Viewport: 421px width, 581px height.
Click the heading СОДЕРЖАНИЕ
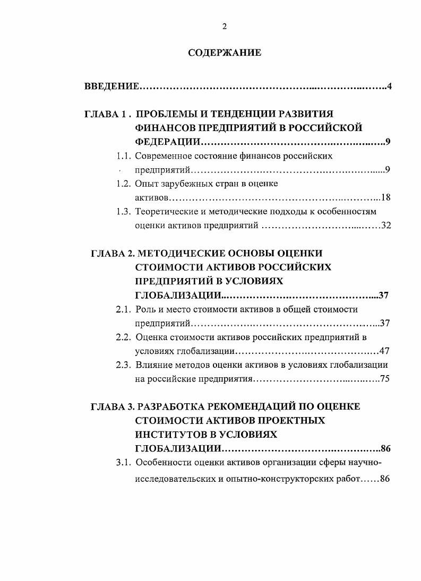[x=225, y=53]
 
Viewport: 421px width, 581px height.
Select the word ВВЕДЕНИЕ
[x=111, y=86]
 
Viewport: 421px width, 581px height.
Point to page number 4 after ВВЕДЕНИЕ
[x=389, y=86]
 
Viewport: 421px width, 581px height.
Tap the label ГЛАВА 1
[x=105, y=115]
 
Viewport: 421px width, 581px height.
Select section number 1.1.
[x=123, y=157]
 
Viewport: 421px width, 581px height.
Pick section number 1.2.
[x=123, y=184]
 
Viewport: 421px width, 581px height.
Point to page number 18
[x=386, y=198]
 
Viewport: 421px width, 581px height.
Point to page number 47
[x=385, y=351]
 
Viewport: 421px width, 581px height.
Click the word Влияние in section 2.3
[x=154, y=365]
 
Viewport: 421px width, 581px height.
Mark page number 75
[x=385, y=379]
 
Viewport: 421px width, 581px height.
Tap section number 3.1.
[x=124, y=462]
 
